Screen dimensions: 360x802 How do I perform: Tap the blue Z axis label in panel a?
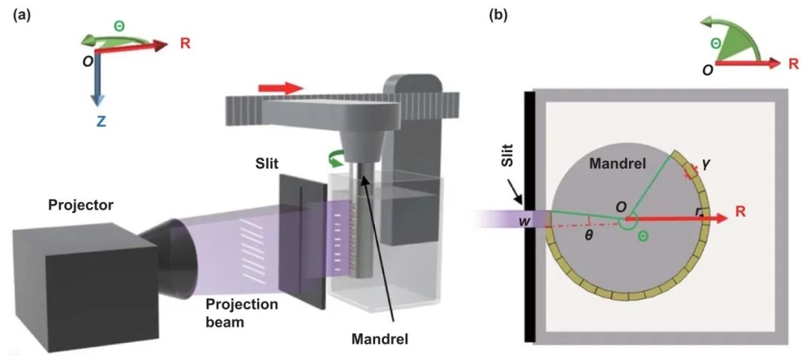pos(100,120)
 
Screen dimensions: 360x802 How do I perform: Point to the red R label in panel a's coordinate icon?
pos(185,44)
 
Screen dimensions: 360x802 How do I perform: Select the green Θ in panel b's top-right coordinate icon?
pos(715,44)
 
